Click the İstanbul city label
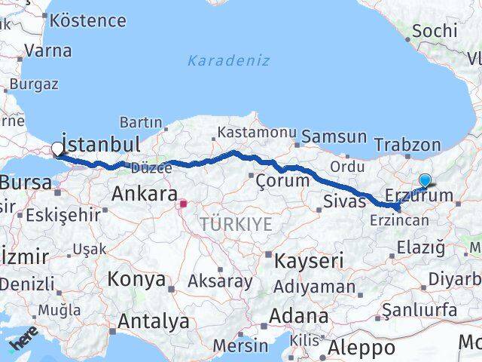click(x=101, y=144)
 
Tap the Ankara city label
click(x=144, y=194)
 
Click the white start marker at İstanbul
click(x=58, y=149)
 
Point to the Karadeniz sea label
click(x=228, y=60)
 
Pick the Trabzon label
click(x=407, y=145)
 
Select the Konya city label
click(x=136, y=279)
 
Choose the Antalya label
click(x=154, y=321)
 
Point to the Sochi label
click(x=435, y=31)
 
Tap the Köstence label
click(x=88, y=20)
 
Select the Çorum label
click(x=282, y=181)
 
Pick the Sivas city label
click(x=344, y=200)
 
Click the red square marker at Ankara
click(x=183, y=203)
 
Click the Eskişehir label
click(x=63, y=215)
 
